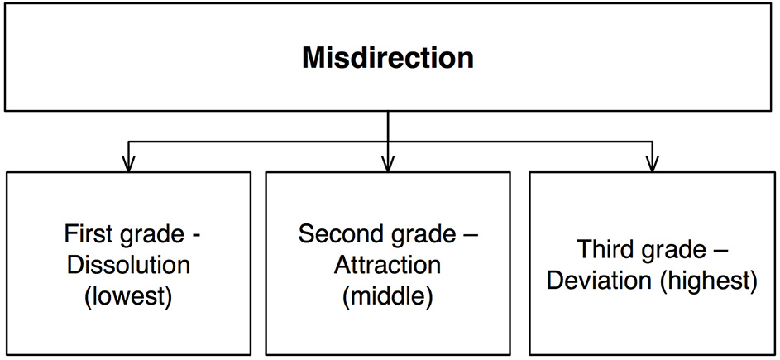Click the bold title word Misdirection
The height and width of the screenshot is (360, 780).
point(388,58)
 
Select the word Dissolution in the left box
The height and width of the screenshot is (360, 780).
point(128,266)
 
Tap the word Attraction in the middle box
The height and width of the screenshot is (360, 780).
point(388,266)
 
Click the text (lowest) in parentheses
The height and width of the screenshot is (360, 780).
point(128,297)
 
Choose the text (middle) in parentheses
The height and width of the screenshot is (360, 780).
point(388,297)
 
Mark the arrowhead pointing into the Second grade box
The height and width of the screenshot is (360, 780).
point(388,165)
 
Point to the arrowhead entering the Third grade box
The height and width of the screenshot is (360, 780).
point(652,165)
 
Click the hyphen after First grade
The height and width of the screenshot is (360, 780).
point(195,236)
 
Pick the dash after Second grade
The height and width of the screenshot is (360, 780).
point(471,236)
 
